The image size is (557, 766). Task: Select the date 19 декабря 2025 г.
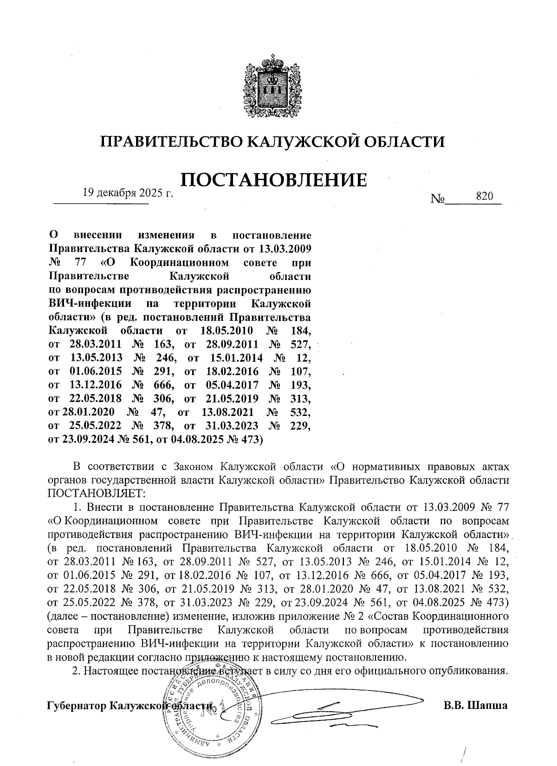[127, 193]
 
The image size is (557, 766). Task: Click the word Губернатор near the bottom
[77, 706]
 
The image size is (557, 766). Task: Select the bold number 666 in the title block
[163, 385]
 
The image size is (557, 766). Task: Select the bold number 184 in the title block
[300, 331]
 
